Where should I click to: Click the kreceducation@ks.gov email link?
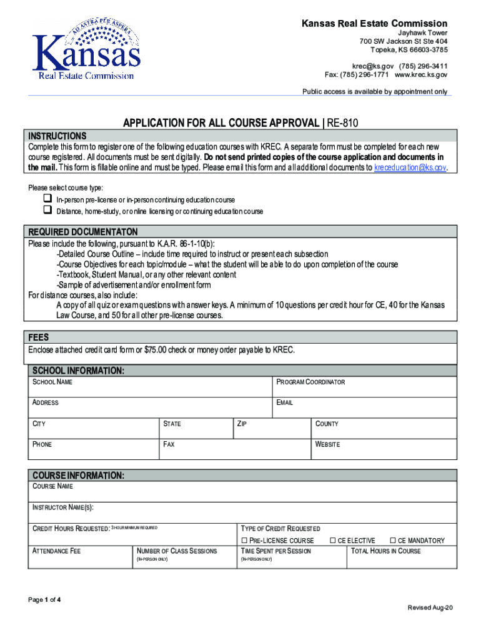[410, 168]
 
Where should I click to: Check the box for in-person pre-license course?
[46, 199]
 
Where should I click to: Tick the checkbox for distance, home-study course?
[46, 211]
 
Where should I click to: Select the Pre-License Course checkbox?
[244, 541]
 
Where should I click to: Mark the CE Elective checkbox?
[333, 541]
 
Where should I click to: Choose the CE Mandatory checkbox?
[392, 541]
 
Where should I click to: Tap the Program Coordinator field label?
[310, 382]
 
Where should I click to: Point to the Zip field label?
[242, 424]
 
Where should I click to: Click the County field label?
[327, 424]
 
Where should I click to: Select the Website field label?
[328, 444]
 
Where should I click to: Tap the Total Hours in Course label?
[386, 551]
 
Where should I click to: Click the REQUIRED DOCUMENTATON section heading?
[80, 231]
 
